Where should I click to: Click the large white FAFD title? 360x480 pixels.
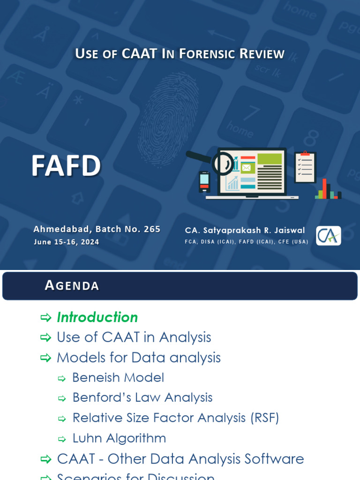click(66, 166)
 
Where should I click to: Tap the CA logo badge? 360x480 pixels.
click(328, 235)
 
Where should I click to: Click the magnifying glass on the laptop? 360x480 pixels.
click(221, 163)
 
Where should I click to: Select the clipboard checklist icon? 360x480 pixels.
click(305, 167)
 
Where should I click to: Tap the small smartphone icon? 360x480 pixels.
click(204, 181)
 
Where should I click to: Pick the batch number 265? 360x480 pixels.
click(152, 229)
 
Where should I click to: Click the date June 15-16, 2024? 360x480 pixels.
click(66, 242)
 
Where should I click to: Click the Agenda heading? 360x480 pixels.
click(72, 285)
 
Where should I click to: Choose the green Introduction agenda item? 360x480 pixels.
click(97, 317)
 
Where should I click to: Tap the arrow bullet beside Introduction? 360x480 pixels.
click(45, 318)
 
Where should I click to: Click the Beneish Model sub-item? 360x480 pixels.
click(118, 378)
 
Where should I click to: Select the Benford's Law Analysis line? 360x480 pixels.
click(142, 397)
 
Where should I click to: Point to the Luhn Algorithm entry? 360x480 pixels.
click(119, 438)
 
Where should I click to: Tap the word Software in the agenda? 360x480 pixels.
click(274, 459)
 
